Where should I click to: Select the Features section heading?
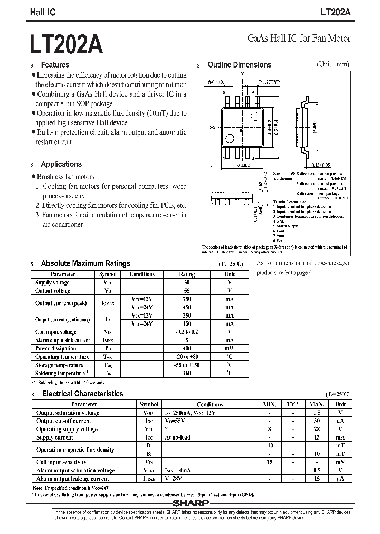[55, 65]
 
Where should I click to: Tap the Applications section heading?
[61, 164]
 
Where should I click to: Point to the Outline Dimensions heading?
[239, 65]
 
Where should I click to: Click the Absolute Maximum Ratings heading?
[85, 263]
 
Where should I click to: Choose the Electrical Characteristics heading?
[82, 394]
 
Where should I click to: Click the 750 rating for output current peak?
[187, 299]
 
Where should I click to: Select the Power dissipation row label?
[56, 348]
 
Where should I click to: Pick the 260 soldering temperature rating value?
[187, 373]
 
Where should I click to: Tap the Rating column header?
[187, 274]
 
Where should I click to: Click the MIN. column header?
[270, 405]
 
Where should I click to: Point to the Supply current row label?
[55, 437]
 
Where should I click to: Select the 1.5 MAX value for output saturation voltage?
[317, 413]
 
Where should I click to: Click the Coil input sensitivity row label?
[61, 462]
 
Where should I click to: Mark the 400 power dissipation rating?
[187, 348]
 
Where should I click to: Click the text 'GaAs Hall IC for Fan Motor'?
[299, 39]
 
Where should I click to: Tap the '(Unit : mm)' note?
[333, 64]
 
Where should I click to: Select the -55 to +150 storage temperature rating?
[187, 365]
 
